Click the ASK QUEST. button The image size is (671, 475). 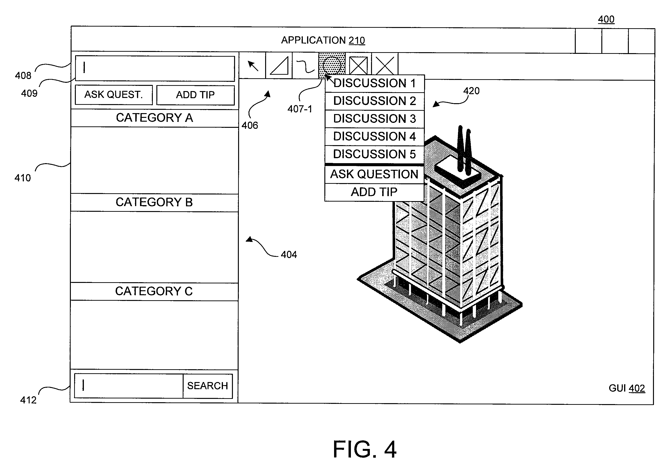(114, 95)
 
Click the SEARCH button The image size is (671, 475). (208, 386)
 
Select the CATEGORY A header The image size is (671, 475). (154, 118)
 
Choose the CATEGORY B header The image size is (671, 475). (154, 202)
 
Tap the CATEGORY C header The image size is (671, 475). (154, 291)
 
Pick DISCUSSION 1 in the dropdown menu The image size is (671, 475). (375, 83)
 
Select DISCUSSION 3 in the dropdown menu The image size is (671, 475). (375, 119)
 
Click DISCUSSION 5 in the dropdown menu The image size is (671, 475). (374, 154)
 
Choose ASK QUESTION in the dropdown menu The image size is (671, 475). (374, 174)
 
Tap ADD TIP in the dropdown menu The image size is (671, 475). (374, 192)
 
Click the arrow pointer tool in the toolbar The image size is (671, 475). (253, 65)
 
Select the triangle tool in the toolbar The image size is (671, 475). (279, 65)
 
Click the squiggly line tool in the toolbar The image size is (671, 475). (305, 65)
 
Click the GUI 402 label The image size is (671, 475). (627, 388)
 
